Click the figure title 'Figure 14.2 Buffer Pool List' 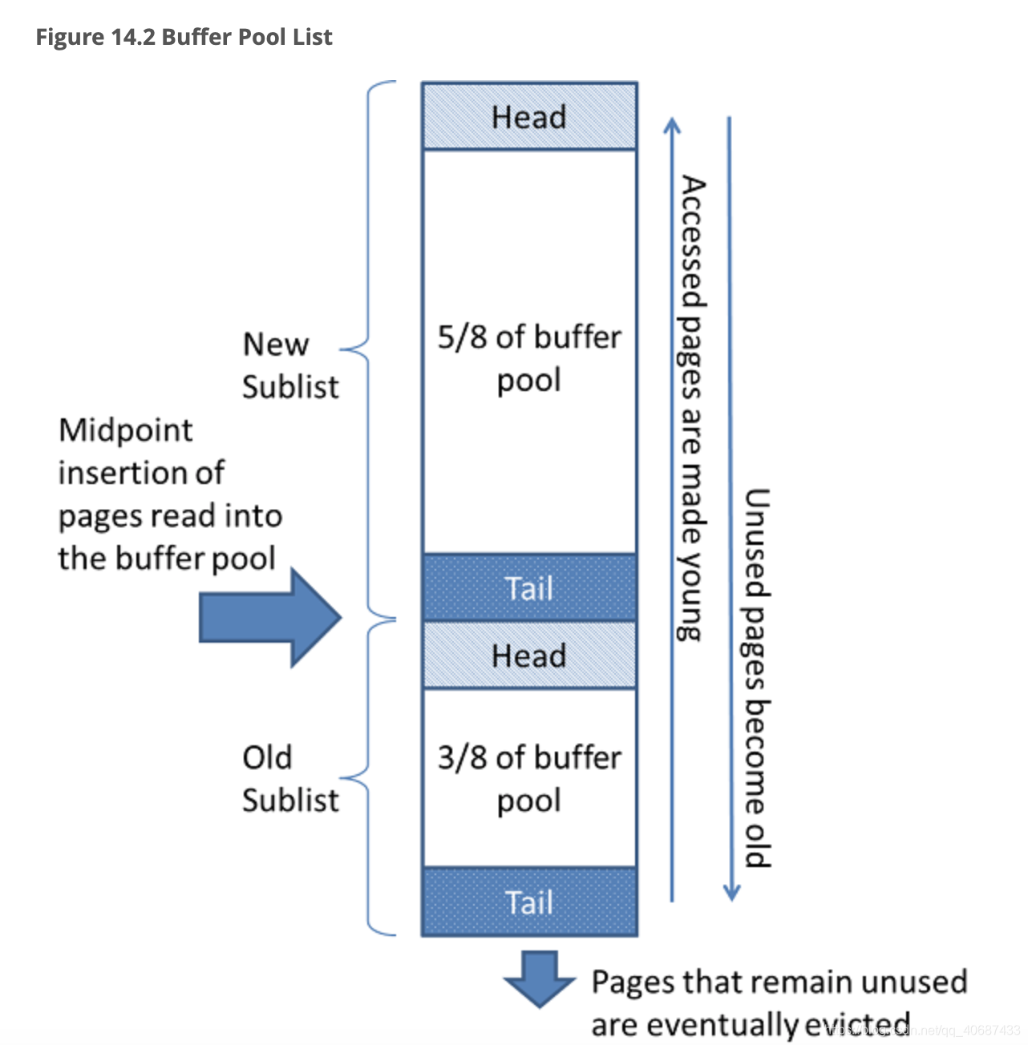click(x=184, y=37)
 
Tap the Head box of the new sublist click(x=529, y=116)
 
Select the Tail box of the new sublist click(x=529, y=587)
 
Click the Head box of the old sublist click(x=529, y=655)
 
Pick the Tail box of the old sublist click(x=529, y=902)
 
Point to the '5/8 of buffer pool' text click(x=529, y=358)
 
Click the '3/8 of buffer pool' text click(x=529, y=778)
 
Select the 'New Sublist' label click(x=289, y=365)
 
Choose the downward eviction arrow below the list click(x=540, y=978)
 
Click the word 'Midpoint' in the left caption click(x=126, y=430)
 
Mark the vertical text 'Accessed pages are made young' click(x=691, y=409)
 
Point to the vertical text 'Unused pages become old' click(x=756, y=677)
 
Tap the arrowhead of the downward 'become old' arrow click(x=731, y=893)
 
